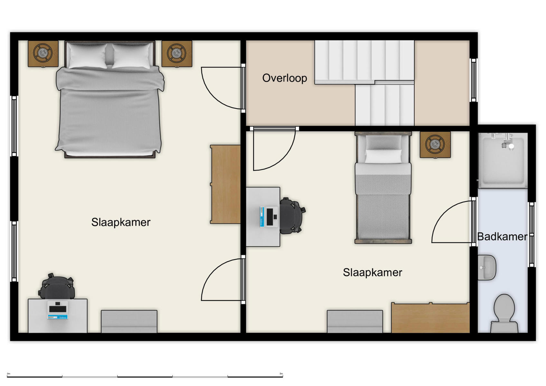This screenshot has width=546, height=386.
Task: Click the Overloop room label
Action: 285,78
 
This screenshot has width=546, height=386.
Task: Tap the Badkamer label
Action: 502,237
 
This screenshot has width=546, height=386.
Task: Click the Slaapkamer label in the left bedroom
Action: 121,222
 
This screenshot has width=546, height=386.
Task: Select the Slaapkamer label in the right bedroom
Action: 372,273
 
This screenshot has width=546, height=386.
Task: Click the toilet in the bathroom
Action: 504,312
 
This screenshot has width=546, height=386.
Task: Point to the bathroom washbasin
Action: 486,267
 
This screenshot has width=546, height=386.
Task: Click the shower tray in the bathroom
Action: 503,160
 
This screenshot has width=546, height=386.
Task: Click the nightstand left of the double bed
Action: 43,53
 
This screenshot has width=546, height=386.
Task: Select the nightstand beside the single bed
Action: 435,144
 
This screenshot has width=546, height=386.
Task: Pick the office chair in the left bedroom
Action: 57,287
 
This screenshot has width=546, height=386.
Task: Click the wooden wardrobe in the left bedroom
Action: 226,184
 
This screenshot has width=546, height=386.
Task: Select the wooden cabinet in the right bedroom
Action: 430,318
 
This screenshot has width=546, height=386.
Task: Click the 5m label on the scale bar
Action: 281,374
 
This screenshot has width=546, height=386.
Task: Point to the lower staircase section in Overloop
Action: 384,105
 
